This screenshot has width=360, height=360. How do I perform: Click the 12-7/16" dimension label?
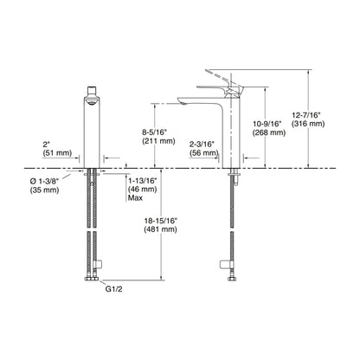coord(306,115)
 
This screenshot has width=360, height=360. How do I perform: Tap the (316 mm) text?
coord(308,124)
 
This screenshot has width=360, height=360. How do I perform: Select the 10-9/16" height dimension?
coord(267,124)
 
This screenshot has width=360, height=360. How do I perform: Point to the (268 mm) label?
coord(269,132)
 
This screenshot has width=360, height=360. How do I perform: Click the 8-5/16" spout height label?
coord(155,132)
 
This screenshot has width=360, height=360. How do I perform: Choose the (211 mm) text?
coord(158,141)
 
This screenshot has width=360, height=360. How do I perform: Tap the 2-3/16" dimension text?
coord(202,144)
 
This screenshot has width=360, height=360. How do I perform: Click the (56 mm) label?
coord(203,153)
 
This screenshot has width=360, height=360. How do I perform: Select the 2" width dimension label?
coord(46,145)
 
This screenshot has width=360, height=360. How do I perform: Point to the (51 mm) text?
coord(57,153)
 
